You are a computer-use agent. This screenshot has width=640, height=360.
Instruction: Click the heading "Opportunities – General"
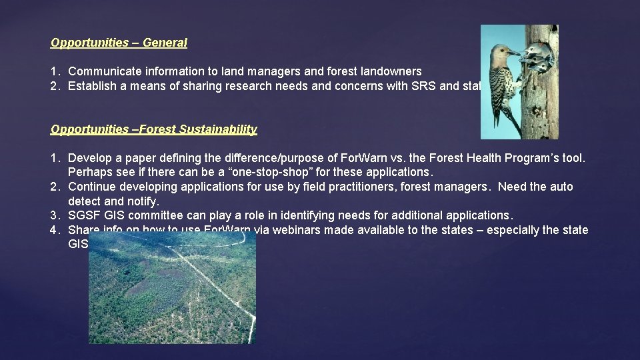(119, 43)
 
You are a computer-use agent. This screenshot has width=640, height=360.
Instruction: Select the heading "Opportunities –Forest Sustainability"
(153, 129)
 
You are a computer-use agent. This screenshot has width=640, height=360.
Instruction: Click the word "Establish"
(92, 85)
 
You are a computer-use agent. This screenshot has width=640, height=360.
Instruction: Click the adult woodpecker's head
(501, 54)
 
